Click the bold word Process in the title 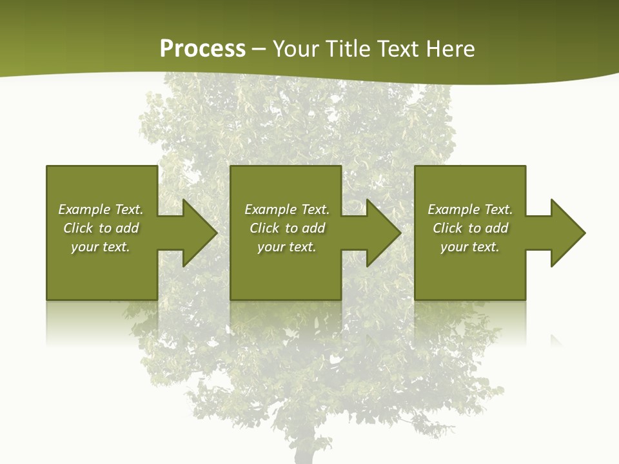(202, 48)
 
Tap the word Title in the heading (345, 48)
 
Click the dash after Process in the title (259, 50)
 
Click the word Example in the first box (84, 209)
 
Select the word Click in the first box (78, 228)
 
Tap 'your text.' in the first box (101, 247)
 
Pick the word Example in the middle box (270, 209)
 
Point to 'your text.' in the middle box (287, 247)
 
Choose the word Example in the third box (453, 209)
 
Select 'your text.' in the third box (470, 247)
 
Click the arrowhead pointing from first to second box (197, 233)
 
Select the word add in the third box (496, 228)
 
